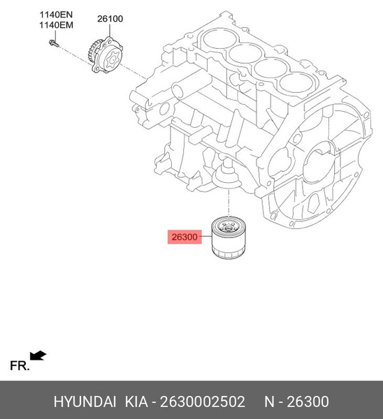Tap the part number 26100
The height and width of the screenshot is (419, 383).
click(110, 19)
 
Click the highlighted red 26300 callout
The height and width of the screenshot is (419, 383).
click(184, 237)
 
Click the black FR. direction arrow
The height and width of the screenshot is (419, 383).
click(38, 356)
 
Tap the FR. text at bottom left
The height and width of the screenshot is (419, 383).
click(20, 365)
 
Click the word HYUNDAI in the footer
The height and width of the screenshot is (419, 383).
click(85, 402)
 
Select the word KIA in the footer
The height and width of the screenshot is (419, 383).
click(136, 402)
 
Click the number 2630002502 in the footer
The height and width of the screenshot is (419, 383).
click(203, 402)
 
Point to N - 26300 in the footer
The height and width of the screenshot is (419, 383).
click(296, 402)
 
